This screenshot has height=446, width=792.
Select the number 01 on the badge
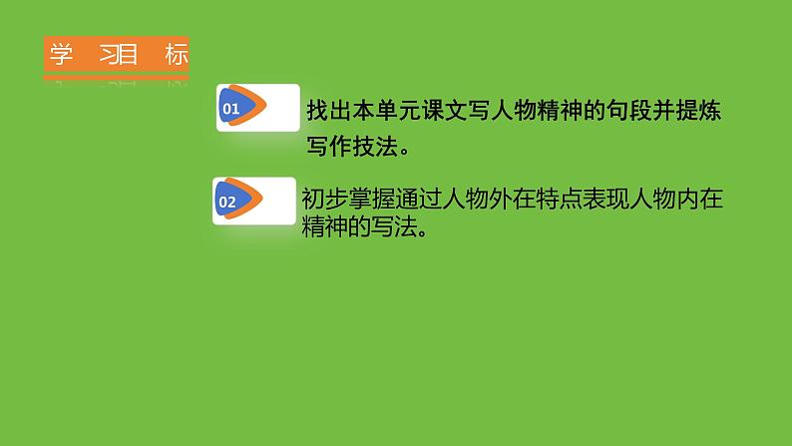pyautogui.click(x=230, y=110)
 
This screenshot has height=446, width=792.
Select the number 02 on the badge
pyautogui.click(x=226, y=202)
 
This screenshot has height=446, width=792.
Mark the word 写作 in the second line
pyautogui.click(x=328, y=147)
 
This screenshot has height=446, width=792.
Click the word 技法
pyautogui.click(x=374, y=147)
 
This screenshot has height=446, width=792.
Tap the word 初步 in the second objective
pyautogui.click(x=323, y=200)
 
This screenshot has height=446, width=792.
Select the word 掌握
pyautogui.click(x=369, y=200)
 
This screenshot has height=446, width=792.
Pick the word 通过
pyautogui.click(x=415, y=200)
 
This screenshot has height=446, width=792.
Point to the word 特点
pyautogui.click(x=553, y=200)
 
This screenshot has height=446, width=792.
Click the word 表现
pyautogui.click(x=598, y=200)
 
